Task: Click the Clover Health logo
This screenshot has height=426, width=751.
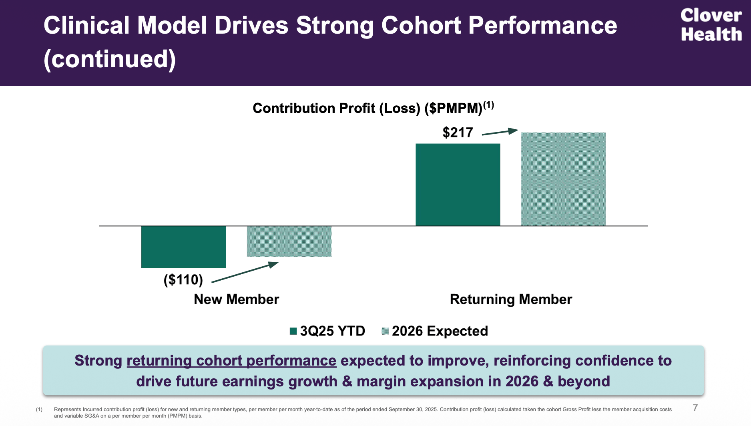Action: (x=711, y=25)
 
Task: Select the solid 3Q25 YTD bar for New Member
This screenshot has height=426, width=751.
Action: (x=183, y=247)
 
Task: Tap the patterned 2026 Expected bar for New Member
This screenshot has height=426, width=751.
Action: (x=289, y=241)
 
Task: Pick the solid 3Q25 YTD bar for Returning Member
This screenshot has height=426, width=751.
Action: (x=458, y=185)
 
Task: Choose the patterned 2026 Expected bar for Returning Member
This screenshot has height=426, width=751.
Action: (x=563, y=179)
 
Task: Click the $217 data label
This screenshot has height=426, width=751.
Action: (x=458, y=133)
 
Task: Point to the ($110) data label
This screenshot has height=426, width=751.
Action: (x=183, y=279)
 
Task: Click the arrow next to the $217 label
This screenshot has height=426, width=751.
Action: (x=500, y=132)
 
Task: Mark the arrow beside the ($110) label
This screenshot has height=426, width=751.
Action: (x=245, y=272)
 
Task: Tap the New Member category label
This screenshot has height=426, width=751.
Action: (x=236, y=299)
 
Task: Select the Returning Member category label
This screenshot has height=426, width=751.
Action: (x=511, y=299)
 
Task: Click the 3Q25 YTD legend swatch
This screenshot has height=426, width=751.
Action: (x=293, y=331)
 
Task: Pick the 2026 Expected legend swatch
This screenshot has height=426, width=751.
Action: (x=385, y=331)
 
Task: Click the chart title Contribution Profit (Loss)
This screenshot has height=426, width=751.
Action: (x=367, y=109)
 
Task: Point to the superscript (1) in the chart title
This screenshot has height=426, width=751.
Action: (x=488, y=105)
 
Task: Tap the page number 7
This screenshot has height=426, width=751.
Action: (x=695, y=408)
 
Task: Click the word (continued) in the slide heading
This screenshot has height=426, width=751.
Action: (x=110, y=59)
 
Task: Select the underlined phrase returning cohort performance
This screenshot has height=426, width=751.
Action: (x=231, y=361)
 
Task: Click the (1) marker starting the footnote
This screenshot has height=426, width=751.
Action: (x=39, y=409)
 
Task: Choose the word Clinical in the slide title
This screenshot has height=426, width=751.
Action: (x=86, y=26)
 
